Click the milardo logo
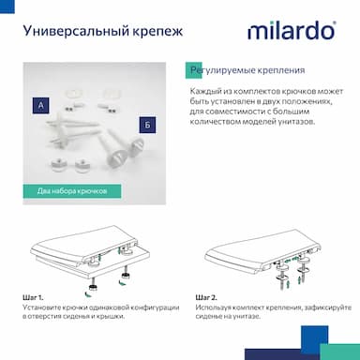292,31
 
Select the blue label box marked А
40,105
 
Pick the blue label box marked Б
147,125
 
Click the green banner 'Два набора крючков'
72,191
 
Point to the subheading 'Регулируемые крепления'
247,70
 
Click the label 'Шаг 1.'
33,297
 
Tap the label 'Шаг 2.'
206,297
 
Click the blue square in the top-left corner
7,7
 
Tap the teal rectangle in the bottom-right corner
340,352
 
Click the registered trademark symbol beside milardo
335,22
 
